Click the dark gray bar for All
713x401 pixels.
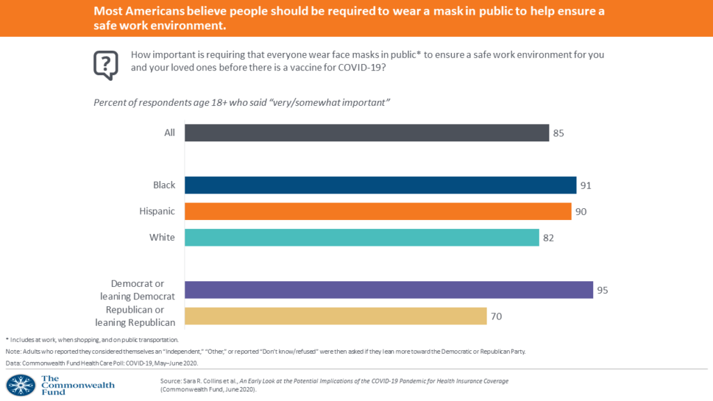367,133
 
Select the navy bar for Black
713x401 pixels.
380,185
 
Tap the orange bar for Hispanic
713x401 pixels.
378,211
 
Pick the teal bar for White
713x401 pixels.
362,237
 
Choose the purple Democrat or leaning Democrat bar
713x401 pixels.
389,290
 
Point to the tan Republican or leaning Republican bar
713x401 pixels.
335,316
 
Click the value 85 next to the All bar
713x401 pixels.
558,133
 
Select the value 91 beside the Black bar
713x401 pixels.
586,185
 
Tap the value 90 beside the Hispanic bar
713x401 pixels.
581,211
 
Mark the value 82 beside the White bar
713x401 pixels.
549,237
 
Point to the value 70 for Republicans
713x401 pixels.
496,316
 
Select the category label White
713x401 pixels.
162,237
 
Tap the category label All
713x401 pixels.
169,133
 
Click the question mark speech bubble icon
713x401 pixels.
106,65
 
